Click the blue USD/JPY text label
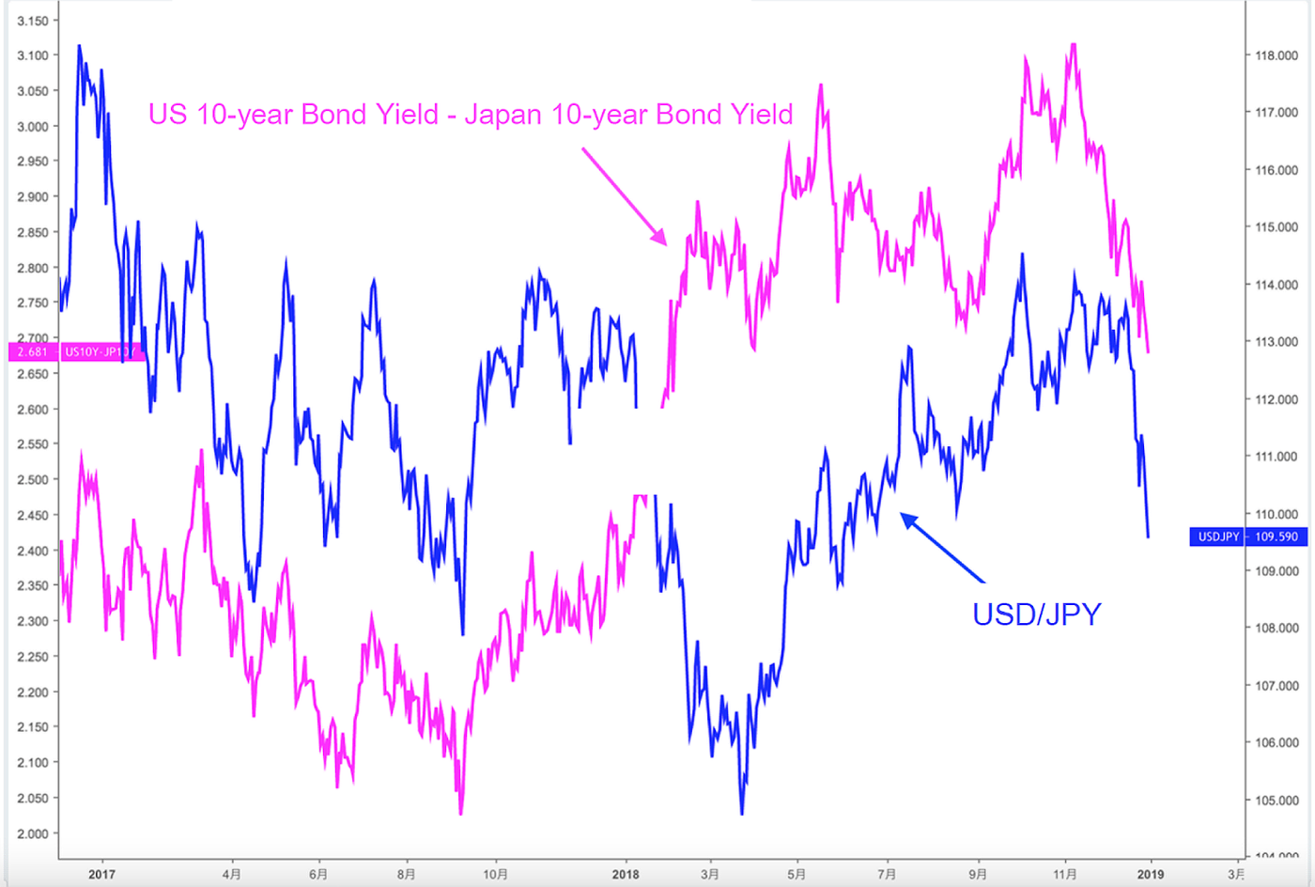[x=1036, y=615]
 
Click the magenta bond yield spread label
[x=471, y=115]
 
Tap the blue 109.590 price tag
[x=1276, y=537]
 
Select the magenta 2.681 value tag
[x=32, y=351]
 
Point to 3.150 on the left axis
[x=33, y=21]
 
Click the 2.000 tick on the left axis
[x=33, y=833]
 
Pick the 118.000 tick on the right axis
[x=1276, y=55]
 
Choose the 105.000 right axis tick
[x=1276, y=801]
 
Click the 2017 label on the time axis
[x=101, y=875]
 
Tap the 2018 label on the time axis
[x=626, y=875]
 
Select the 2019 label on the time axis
[x=1150, y=875]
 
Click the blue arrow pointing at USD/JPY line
[x=942, y=547]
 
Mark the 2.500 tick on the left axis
[x=33, y=479]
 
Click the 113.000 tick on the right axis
[x=1276, y=342]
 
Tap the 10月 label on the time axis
[x=495, y=875]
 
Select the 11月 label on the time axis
[x=1065, y=875]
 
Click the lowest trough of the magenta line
[x=461, y=813]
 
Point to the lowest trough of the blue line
[x=742, y=813]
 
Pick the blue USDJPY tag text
[x=1218, y=537]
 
